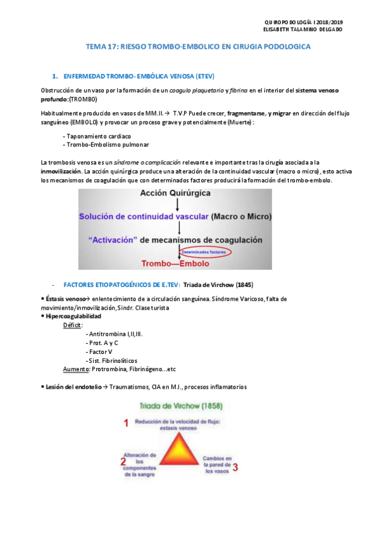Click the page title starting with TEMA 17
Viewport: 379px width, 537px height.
click(x=198, y=47)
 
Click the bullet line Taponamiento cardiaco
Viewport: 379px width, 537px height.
click(x=97, y=136)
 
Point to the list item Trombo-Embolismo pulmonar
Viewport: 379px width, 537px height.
click(x=105, y=144)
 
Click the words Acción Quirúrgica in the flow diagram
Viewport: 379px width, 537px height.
click(x=177, y=194)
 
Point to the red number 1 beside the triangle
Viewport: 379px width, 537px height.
click(x=126, y=422)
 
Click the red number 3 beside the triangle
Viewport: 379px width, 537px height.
click(x=235, y=468)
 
